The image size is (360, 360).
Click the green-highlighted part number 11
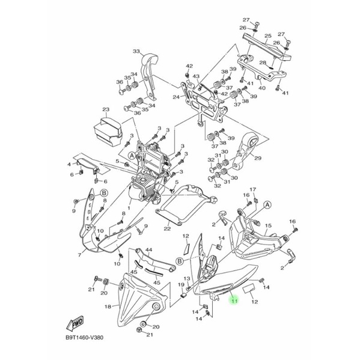pos(234,301)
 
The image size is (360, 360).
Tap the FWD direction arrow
pos(75,324)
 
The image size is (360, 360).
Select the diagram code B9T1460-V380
pos(84,338)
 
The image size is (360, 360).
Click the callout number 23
pos(106,109)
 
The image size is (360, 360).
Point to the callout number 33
pos(136,51)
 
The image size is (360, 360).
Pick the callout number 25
pos(268,36)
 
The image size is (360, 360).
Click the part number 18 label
pos(108,307)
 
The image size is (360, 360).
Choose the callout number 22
pos(167,228)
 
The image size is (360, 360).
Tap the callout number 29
pos(258,158)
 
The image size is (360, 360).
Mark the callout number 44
pos(149,249)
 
